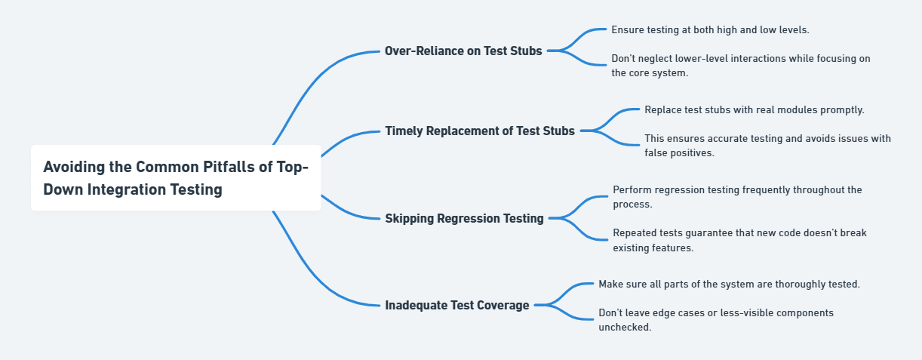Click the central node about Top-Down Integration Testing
pyautogui.click(x=176, y=178)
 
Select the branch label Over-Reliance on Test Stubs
pyautogui.click(x=463, y=51)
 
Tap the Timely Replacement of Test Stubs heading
pyautogui.click(x=480, y=131)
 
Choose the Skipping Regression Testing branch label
pyautogui.click(x=464, y=218)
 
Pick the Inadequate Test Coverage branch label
pyautogui.click(x=457, y=305)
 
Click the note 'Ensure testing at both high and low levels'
pyautogui.click(x=710, y=29)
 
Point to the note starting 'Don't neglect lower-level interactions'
pyautogui.click(x=740, y=66)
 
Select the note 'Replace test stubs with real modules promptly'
pyautogui.click(x=755, y=109)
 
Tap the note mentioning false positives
pyautogui.click(x=767, y=146)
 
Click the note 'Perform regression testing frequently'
pyautogui.click(x=737, y=197)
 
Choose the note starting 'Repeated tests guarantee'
pyautogui.click(x=739, y=240)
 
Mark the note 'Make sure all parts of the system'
pyautogui.click(x=729, y=284)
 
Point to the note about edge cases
pyautogui.click(x=715, y=320)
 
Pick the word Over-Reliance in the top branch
pyautogui.click(x=421, y=51)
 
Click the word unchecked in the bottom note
pyautogui.click(x=625, y=328)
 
